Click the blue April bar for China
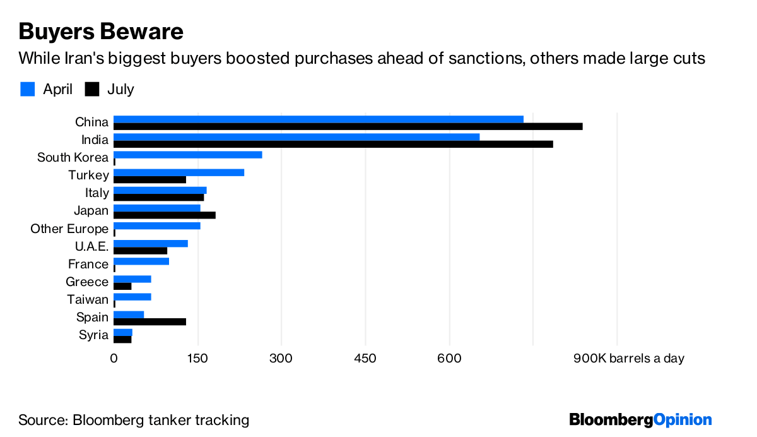319,119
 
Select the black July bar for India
333,144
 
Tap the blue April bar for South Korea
188,155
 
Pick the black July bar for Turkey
150,179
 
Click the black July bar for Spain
150,321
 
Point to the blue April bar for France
141,261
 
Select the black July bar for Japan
165,215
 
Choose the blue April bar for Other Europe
157,225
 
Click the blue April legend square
27,89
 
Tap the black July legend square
92,89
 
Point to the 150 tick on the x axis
197,358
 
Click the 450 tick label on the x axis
365,358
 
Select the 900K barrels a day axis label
628,358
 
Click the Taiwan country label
88,299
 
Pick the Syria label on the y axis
94,335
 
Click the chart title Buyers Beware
101,31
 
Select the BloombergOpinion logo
640,419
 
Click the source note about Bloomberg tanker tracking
134,420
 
